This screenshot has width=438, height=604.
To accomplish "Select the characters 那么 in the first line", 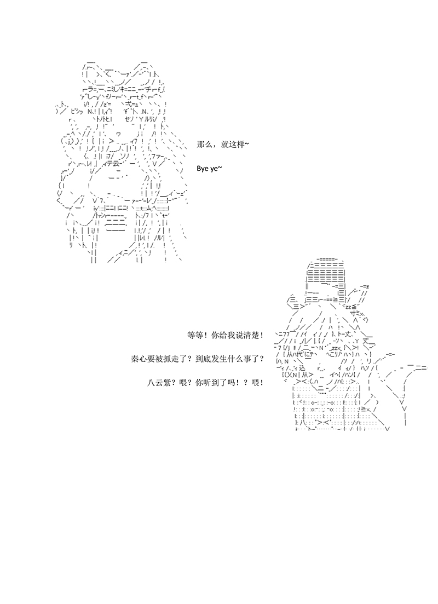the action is (x=204, y=145).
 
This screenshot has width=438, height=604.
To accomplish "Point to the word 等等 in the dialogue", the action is (x=194, y=335).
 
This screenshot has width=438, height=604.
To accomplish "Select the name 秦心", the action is (x=138, y=359).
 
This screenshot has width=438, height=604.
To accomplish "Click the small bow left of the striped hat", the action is (x=295, y=303).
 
